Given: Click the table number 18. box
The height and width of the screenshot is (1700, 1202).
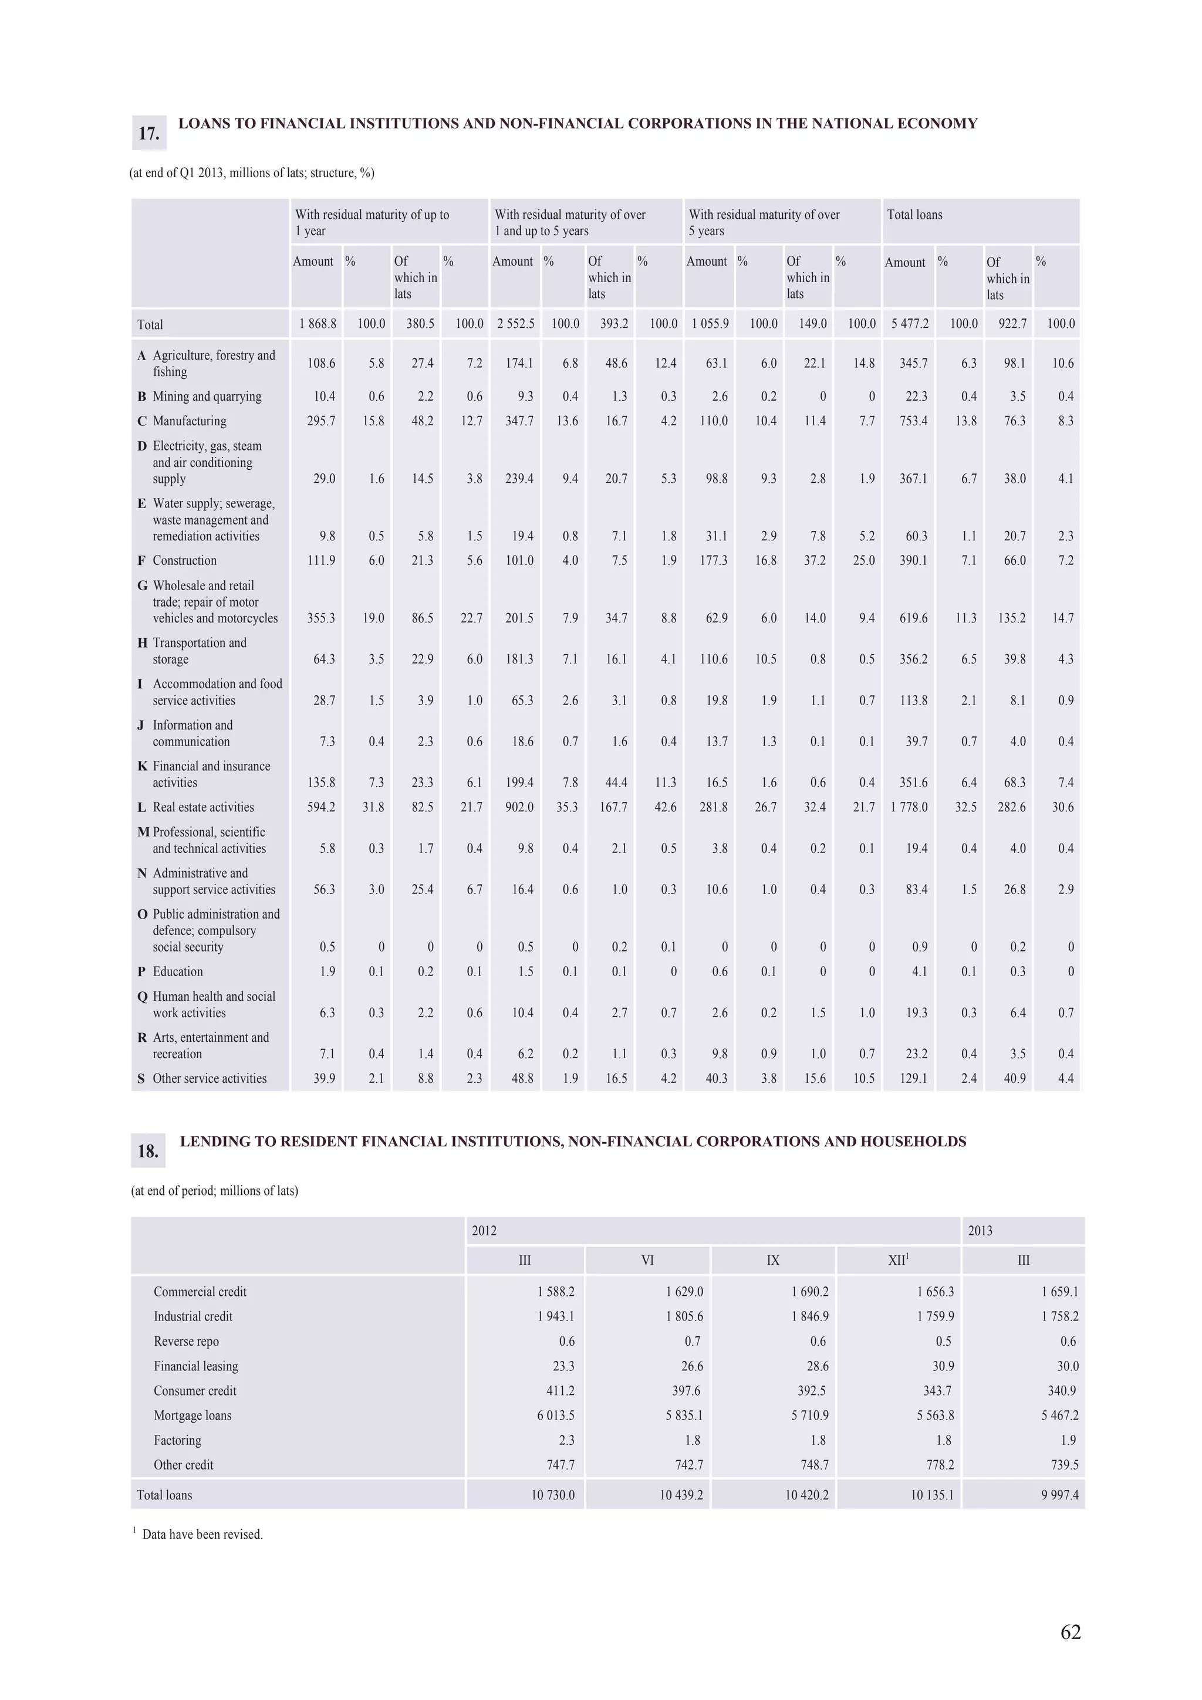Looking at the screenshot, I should pyautogui.click(x=148, y=1150).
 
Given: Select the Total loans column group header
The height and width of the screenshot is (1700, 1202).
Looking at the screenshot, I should pyautogui.click(x=914, y=215).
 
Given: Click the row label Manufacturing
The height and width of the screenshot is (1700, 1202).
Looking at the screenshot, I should pyautogui.click(x=189, y=421).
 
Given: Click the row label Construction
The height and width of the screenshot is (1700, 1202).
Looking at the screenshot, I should pyautogui.click(x=184, y=560).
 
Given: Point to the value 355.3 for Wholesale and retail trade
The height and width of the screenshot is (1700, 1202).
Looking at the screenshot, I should pyautogui.click(x=320, y=618).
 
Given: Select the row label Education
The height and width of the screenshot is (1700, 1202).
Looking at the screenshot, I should pyautogui.click(x=178, y=971).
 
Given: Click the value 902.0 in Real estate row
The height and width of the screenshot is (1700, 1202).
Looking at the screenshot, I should pyautogui.click(x=519, y=807).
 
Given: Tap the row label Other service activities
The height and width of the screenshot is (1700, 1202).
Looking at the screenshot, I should pyautogui.click(x=210, y=1078).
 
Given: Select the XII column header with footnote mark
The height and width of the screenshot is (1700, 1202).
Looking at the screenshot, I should pyautogui.click(x=899, y=1260).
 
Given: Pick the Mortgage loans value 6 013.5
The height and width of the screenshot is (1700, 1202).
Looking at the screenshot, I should pyautogui.click(x=555, y=1415).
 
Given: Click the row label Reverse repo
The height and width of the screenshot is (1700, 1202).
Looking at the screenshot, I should pyautogui.click(x=186, y=1341).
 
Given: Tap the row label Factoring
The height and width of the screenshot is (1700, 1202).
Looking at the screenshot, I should pyautogui.click(x=177, y=1440).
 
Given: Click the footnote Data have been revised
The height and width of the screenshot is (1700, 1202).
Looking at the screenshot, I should pyautogui.click(x=202, y=1534).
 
